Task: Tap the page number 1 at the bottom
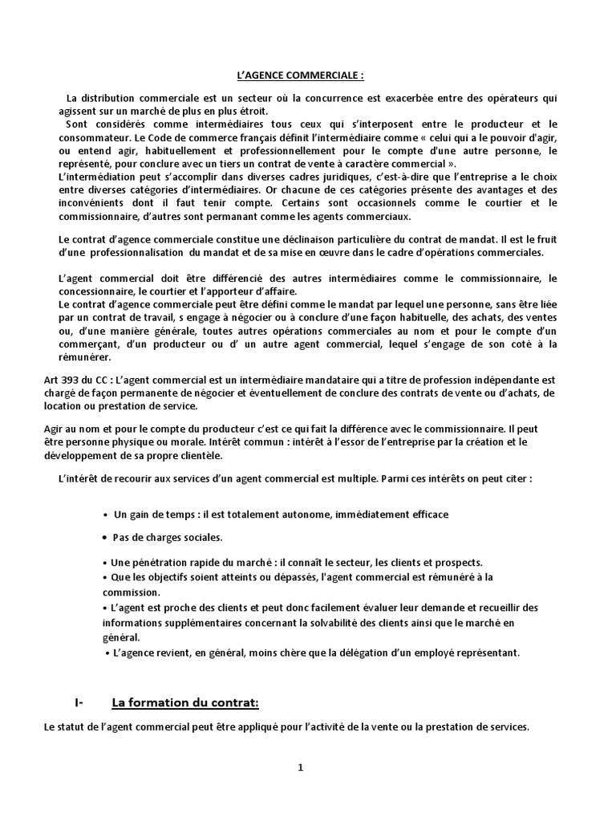click(301, 767)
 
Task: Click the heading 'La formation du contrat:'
click(185, 703)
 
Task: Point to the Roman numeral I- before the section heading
click(79, 703)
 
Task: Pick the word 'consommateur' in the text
click(91, 137)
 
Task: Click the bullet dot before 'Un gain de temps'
click(107, 514)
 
